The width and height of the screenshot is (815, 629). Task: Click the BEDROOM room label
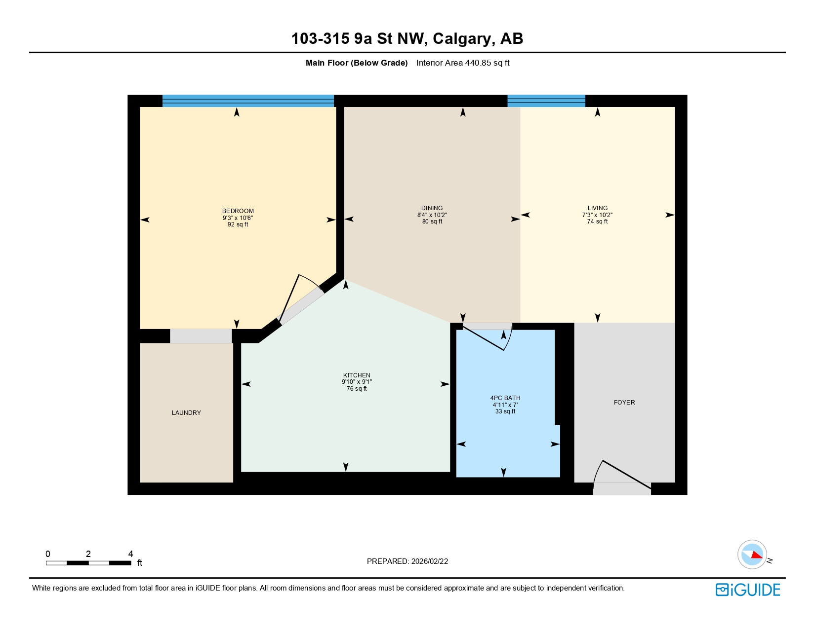(238, 211)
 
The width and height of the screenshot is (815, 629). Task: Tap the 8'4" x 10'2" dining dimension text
(432, 215)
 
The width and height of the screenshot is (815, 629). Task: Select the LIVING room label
(597, 208)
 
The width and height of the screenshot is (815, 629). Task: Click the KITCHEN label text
(357, 375)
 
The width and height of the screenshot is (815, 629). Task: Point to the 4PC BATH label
(505, 398)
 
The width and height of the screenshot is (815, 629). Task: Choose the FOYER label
(624, 403)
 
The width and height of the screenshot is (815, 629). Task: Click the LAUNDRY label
(186, 413)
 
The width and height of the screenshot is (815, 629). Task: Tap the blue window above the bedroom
(248, 101)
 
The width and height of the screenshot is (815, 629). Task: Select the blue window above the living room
(546, 101)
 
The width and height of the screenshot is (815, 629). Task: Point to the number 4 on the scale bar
(130, 554)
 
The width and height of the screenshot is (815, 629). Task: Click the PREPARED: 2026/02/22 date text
(407, 561)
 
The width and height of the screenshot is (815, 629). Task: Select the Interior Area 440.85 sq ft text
(462, 63)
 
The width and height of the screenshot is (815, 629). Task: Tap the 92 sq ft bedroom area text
(238, 224)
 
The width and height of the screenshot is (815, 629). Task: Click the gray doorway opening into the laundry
(201, 336)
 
